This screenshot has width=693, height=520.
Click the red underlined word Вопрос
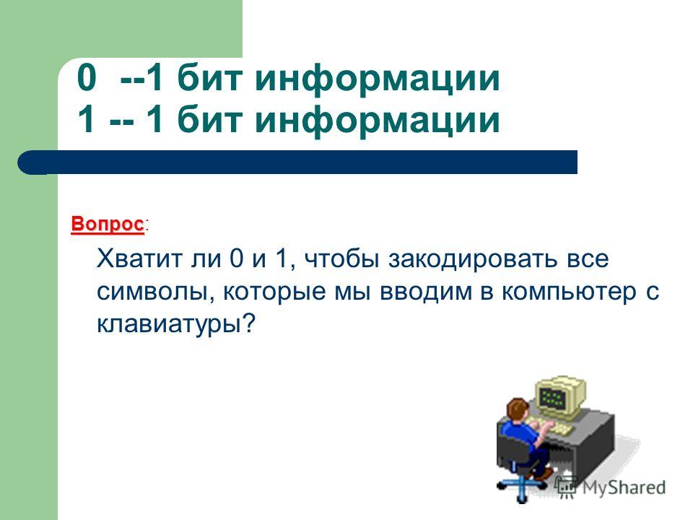(x=108, y=224)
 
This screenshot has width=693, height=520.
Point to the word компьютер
(x=570, y=292)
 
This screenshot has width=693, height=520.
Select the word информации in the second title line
(x=378, y=120)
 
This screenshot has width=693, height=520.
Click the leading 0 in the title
(x=86, y=78)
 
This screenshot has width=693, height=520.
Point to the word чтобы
(x=341, y=259)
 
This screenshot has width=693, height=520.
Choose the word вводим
(x=426, y=292)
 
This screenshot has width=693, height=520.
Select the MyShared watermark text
(x=624, y=487)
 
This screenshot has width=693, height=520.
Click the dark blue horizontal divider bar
(x=297, y=162)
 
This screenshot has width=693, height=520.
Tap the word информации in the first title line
(x=378, y=78)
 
